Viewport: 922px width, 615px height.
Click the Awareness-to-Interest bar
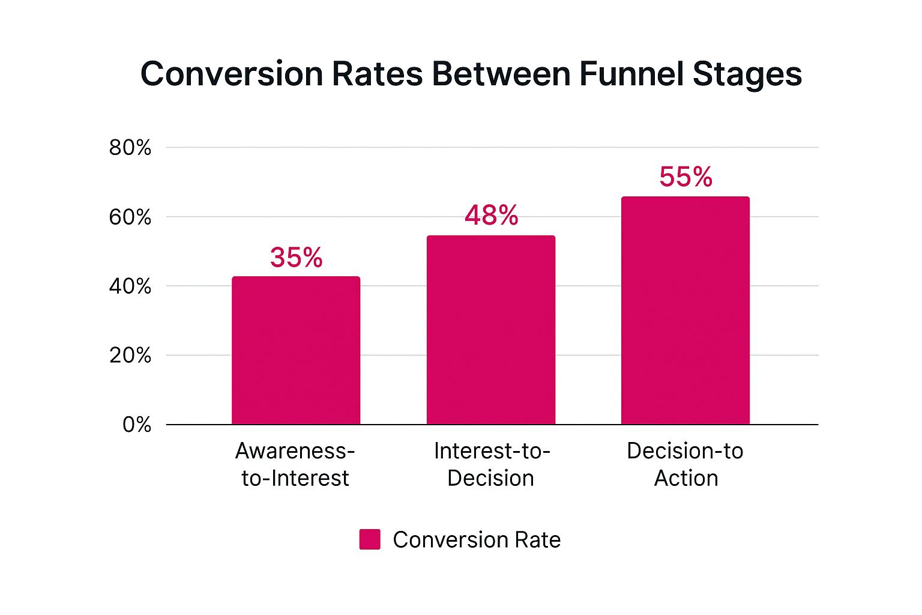296,351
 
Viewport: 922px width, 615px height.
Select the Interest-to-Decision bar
490,330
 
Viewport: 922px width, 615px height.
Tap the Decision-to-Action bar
685,311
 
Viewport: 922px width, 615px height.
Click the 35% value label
296,258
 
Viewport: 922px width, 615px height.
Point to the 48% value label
491,216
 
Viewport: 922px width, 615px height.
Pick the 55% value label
685,177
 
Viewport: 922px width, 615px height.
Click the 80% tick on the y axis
130,148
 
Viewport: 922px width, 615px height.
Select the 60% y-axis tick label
130,217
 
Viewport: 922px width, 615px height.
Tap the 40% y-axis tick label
130,286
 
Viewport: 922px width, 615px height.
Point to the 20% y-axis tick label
130,356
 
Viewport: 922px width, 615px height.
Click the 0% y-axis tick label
137,425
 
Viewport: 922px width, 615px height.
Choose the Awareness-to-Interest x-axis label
295,464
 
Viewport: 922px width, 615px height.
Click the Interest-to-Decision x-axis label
491,464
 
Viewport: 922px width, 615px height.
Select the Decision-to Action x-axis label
685,464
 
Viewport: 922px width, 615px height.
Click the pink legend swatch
370,539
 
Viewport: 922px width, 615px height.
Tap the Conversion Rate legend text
477,540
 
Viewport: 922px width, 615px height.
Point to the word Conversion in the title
231,74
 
